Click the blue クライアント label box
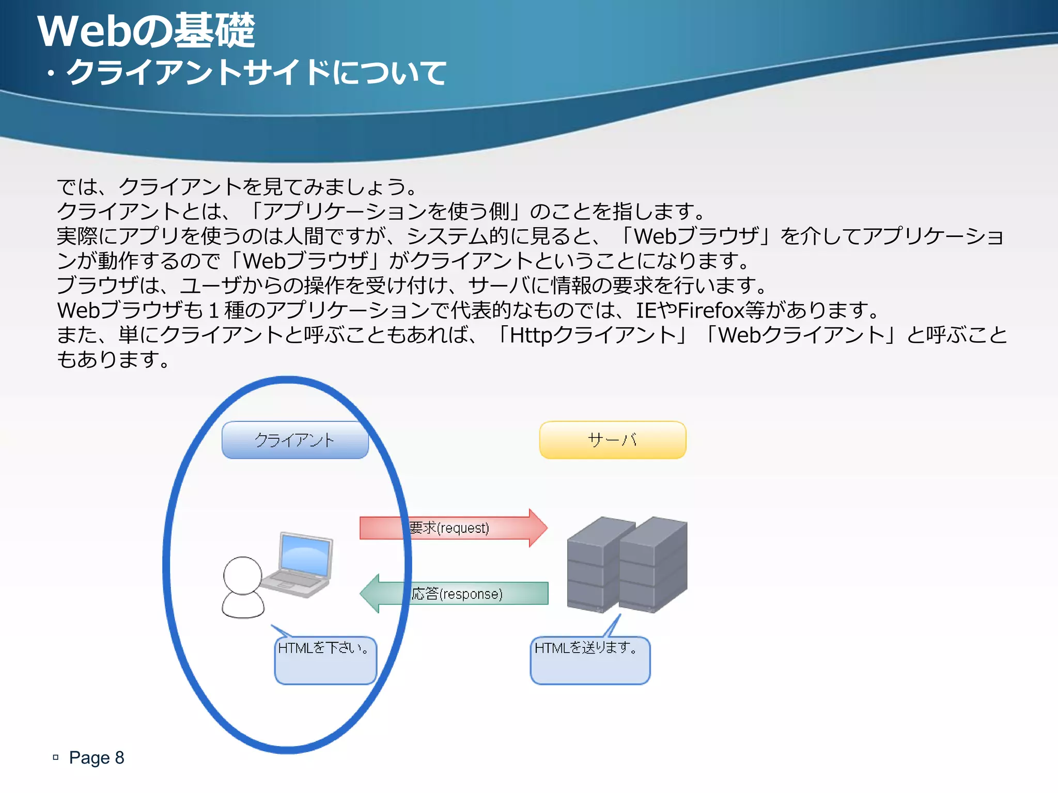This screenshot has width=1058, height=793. (x=295, y=440)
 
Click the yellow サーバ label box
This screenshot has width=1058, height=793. (x=613, y=440)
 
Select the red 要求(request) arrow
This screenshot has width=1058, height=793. (x=453, y=528)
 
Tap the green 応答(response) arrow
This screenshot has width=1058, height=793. (x=455, y=594)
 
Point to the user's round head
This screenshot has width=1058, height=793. (x=242, y=575)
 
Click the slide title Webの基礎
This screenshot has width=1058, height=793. (x=146, y=30)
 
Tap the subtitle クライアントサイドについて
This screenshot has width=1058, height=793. (x=256, y=72)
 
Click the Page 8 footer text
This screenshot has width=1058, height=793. (x=97, y=757)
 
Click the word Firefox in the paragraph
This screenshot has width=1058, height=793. (x=711, y=310)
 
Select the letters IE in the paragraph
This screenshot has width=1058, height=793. (x=646, y=310)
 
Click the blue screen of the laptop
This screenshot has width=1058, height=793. (x=305, y=555)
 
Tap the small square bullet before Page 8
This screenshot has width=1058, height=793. (x=56, y=757)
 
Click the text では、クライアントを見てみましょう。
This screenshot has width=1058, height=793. (x=237, y=186)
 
